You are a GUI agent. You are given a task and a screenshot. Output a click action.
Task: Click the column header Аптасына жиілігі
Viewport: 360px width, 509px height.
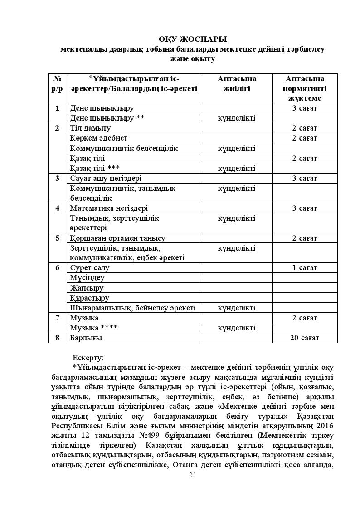point(237,83)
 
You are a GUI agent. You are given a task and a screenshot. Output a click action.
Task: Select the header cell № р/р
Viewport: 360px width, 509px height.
point(57,83)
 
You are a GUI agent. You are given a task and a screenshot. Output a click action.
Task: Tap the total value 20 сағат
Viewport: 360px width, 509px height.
point(305,338)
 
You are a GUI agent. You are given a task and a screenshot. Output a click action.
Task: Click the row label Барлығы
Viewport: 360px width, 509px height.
point(86,338)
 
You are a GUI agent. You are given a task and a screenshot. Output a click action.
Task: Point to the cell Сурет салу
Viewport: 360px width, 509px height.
point(89,267)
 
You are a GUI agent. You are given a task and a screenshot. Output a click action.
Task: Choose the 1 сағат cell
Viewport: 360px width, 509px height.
point(305,267)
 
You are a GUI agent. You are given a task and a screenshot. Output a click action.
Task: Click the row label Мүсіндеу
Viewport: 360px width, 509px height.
point(88,277)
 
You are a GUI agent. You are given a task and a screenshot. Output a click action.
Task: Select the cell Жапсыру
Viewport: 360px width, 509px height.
point(87,288)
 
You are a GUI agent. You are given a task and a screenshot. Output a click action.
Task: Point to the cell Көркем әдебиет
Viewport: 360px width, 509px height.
point(99,138)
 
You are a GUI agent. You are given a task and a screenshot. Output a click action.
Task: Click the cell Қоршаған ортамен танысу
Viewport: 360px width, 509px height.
point(117,238)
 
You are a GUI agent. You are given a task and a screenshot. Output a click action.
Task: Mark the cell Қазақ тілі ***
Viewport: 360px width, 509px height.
point(95,168)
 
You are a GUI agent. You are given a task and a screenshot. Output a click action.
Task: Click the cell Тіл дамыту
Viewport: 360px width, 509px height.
point(91,128)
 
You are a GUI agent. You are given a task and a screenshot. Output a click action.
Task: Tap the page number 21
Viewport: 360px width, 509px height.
point(192,475)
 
